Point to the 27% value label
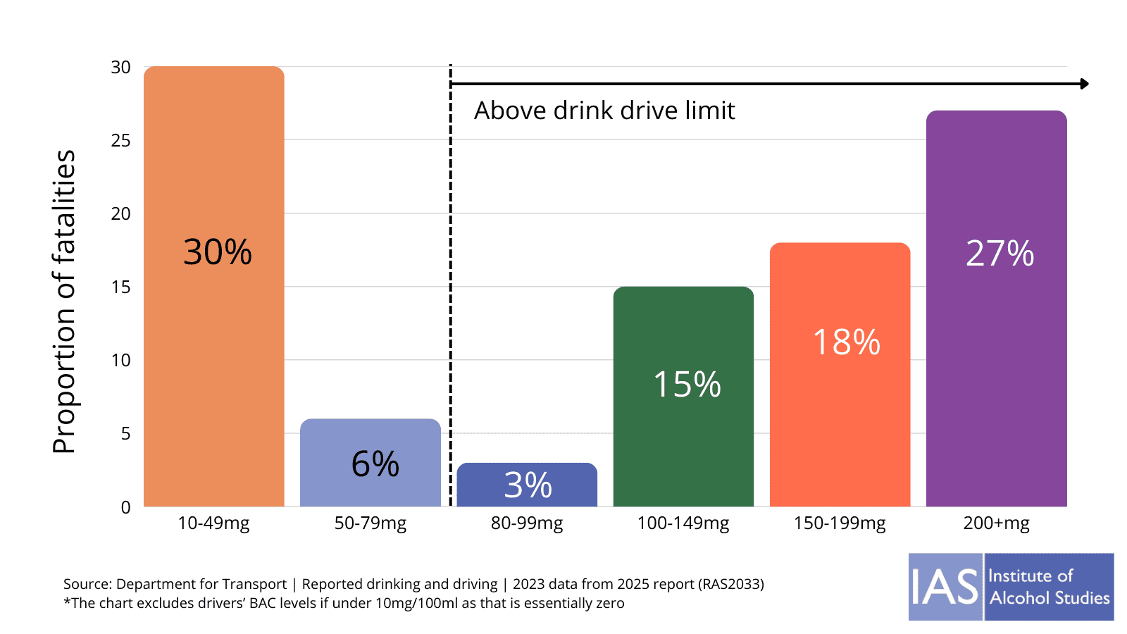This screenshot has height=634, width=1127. click(1000, 254)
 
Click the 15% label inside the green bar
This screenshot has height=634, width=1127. click(687, 385)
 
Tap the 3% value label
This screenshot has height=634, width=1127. click(528, 485)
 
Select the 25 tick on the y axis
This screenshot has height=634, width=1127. click(121, 141)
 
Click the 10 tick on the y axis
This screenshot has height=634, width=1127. click(121, 361)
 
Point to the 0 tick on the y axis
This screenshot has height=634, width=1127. click(125, 507)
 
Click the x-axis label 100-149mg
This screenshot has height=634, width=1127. click(683, 523)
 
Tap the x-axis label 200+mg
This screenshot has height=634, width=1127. click(996, 523)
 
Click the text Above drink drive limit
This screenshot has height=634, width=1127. click(604, 111)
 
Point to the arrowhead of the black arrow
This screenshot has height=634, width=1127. click(1084, 84)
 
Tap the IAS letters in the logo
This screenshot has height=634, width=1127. click(945, 587)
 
